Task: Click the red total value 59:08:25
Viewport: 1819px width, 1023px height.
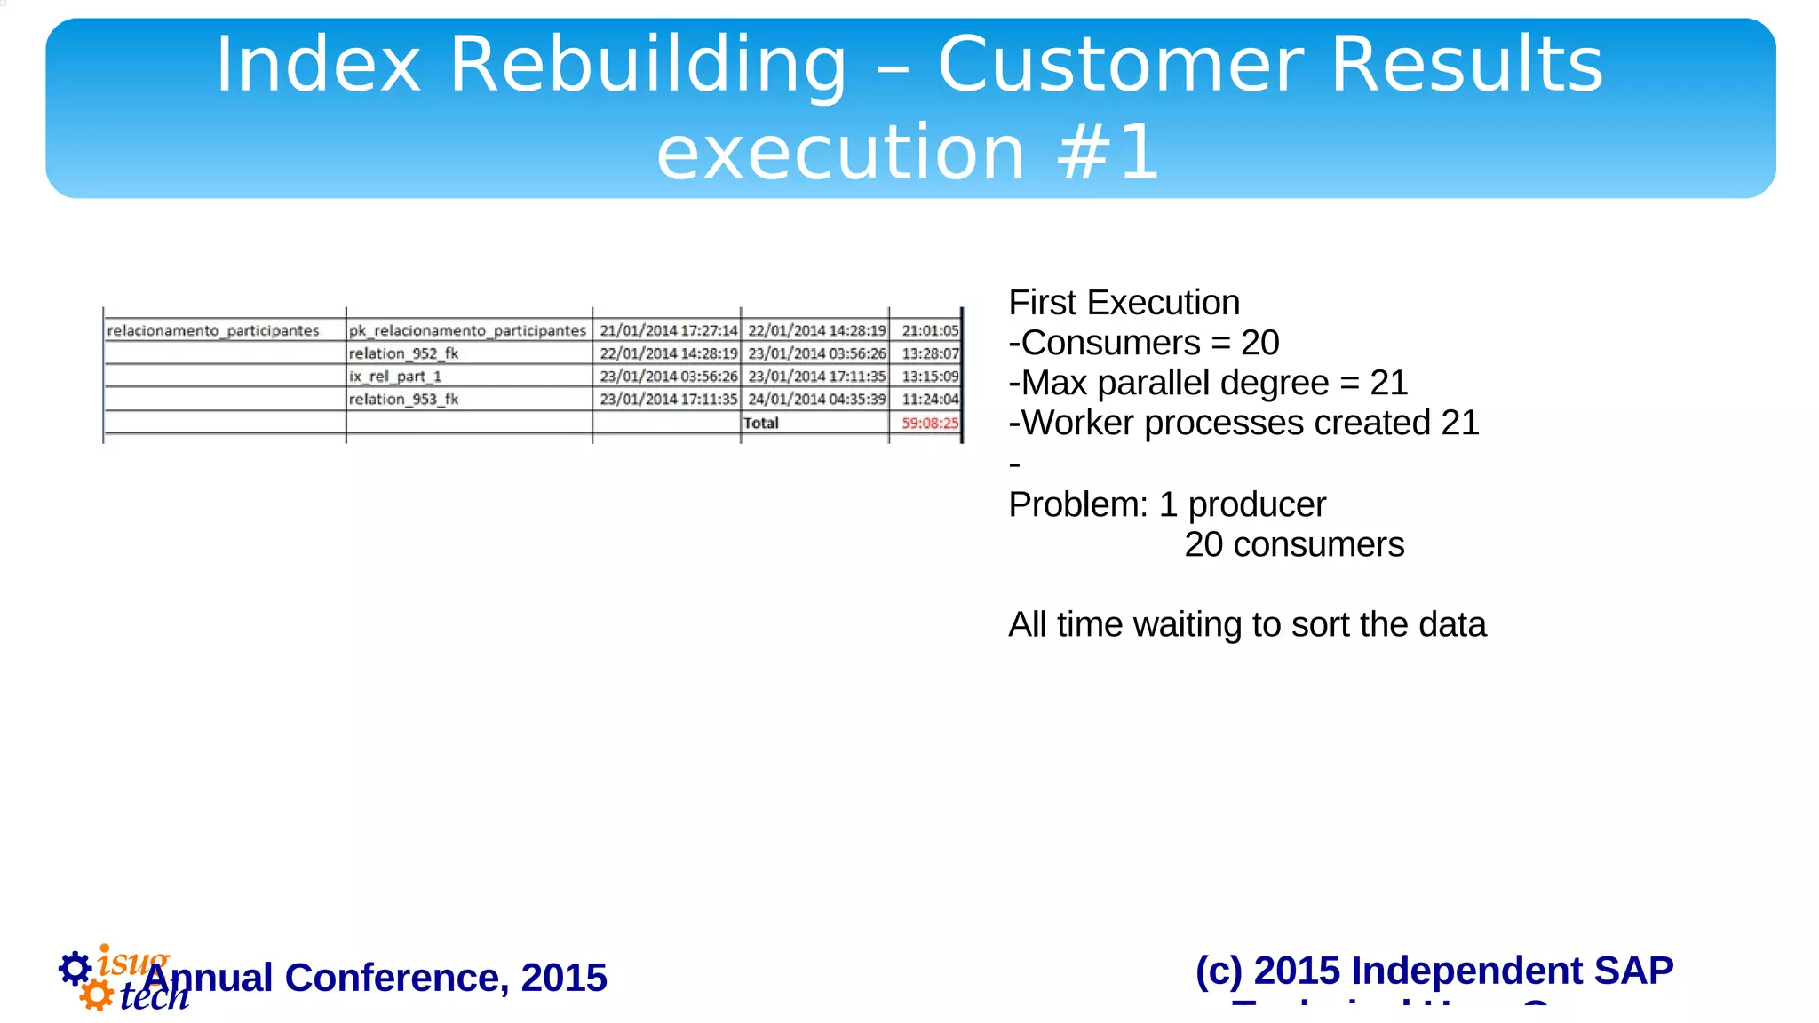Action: (930, 424)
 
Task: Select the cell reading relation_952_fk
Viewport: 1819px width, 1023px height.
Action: (403, 353)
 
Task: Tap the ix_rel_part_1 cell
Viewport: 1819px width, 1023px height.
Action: (394, 377)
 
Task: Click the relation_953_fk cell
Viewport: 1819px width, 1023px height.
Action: (403, 400)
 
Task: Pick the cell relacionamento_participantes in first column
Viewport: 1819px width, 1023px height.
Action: (213, 330)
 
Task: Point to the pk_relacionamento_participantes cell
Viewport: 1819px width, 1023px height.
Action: (467, 330)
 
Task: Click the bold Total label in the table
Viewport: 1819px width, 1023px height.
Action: (761, 424)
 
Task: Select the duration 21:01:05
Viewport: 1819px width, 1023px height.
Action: (930, 330)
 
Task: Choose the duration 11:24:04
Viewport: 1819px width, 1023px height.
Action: (930, 400)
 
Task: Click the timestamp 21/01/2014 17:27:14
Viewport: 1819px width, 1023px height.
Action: (668, 330)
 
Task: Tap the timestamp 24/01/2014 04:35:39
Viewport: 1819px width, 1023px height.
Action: (816, 400)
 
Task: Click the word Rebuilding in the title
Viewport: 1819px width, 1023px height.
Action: (647, 65)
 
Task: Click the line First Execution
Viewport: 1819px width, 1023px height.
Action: (1124, 303)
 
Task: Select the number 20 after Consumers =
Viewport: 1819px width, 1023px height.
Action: (1259, 343)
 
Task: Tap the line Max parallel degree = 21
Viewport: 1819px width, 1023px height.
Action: (1208, 383)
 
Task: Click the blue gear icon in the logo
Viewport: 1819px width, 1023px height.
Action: (75, 968)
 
